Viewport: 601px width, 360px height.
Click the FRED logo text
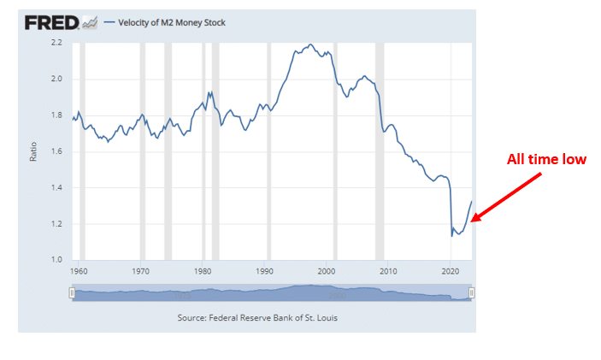point(51,22)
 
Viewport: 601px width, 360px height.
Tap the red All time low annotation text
point(546,160)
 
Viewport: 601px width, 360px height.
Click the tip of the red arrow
point(471,222)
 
